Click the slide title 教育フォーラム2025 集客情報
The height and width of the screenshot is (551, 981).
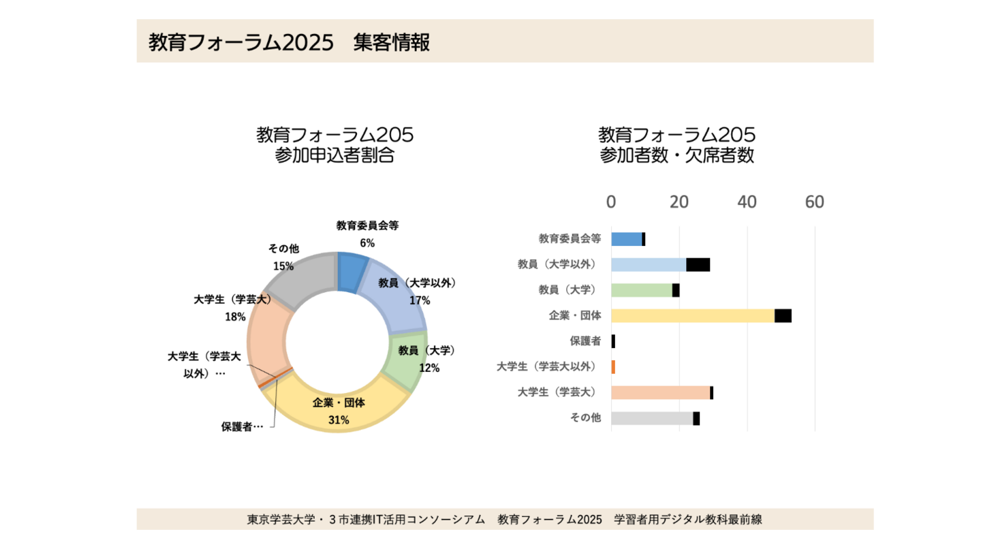pos(289,42)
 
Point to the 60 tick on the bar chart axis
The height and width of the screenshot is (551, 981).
pos(814,202)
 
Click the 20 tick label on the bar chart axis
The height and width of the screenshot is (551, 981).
pos(679,202)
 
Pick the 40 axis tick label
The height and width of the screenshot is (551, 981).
pos(747,202)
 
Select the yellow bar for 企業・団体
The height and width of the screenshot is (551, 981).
pos(692,315)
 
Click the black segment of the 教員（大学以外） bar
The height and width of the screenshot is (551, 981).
pos(698,265)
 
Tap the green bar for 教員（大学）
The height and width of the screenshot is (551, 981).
pos(641,290)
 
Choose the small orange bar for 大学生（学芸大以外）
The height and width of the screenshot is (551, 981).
pos(613,366)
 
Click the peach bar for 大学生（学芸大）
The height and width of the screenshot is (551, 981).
pos(659,392)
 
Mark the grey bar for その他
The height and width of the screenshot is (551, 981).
pos(651,418)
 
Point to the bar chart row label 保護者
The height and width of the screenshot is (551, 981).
pos(585,341)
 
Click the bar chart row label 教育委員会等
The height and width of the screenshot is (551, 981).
pos(570,239)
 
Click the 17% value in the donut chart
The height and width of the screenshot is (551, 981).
pos(420,300)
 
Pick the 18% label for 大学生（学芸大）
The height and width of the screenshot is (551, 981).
pos(235,316)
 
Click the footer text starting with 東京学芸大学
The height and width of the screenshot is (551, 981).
pos(504,520)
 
